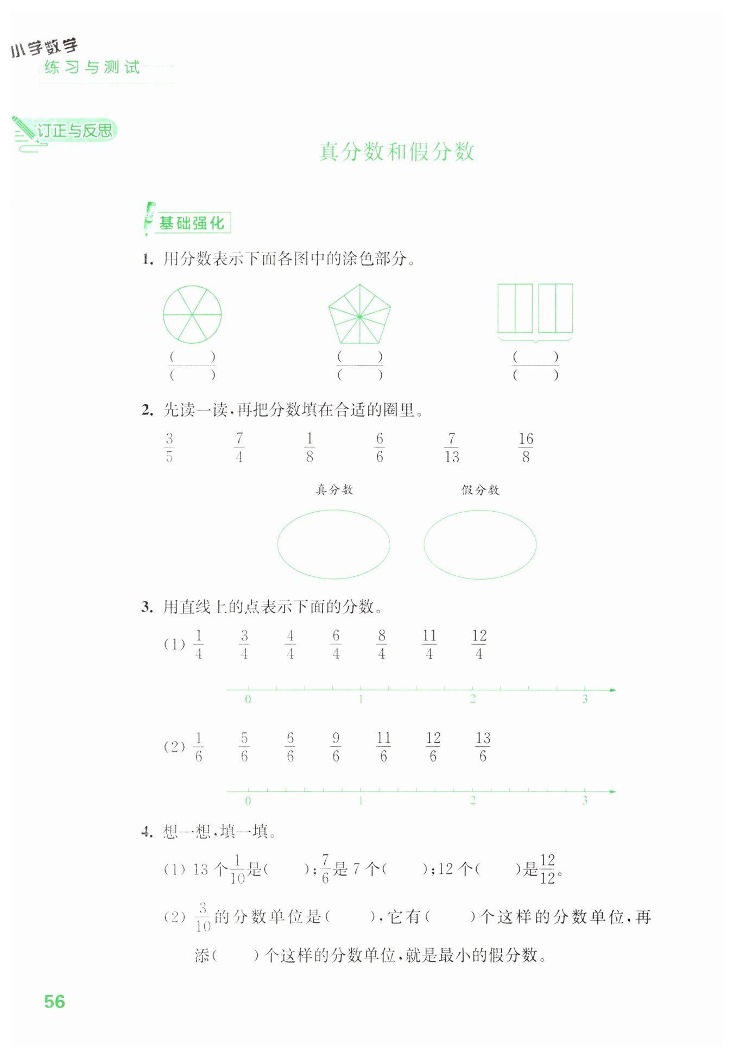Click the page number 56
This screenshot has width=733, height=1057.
pyautogui.click(x=54, y=1001)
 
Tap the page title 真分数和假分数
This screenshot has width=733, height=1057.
pyautogui.click(x=396, y=152)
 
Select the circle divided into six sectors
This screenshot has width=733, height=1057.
pyautogui.click(x=192, y=314)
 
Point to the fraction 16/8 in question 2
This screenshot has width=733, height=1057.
pyautogui.click(x=526, y=448)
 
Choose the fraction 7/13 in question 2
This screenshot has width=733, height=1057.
pyautogui.click(x=451, y=448)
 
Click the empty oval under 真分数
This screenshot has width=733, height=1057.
pyautogui.click(x=333, y=544)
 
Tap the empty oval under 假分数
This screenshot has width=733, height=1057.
pyautogui.click(x=480, y=544)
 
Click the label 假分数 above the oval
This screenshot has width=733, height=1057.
pyautogui.click(x=480, y=490)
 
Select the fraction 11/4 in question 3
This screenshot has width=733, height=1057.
pyautogui.click(x=429, y=644)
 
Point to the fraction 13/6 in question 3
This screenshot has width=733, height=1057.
pyautogui.click(x=483, y=746)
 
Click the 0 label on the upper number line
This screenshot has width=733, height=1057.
pyautogui.click(x=248, y=699)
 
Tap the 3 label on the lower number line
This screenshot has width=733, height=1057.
pyautogui.click(x=585, y=801)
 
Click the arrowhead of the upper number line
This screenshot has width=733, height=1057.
pyautogui.click(x=613, y=690)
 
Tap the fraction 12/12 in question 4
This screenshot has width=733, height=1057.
pyautogui.click(x=547, y=869)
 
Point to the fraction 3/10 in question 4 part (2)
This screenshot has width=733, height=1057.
pyautogui.click(x=203, y=917)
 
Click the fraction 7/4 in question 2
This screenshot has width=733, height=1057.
pyautogui.click(x=239, y=448)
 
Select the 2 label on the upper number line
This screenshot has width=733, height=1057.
pyautogui.click(x=473, y=699)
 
